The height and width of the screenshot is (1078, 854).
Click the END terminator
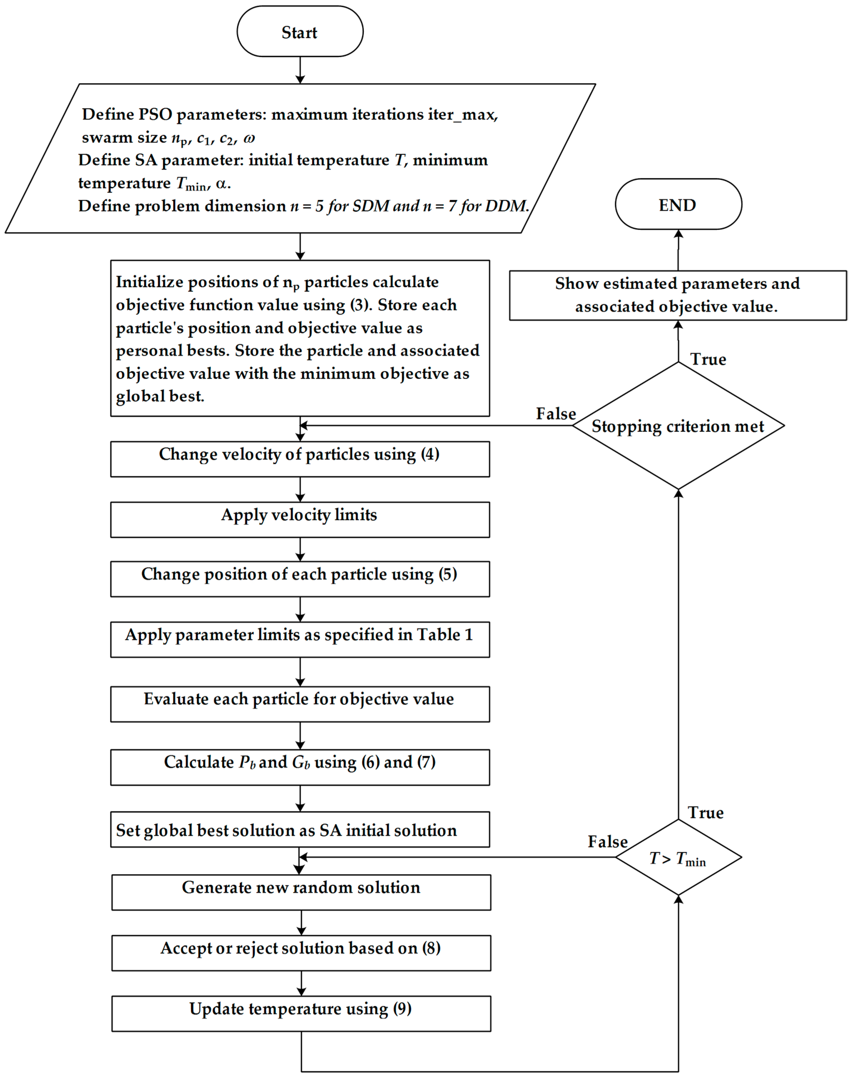pyautogui.click(x=678, y=204)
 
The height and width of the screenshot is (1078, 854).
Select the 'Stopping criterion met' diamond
pyautogui.click(x=678, y=425)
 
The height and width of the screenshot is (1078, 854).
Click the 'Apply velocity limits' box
pyautogui.click(x=300, y=519)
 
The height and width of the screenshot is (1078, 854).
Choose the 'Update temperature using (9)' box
pyautogui.click(x=301, y=1013)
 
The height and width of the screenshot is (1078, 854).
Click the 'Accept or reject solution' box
pyautogui.click(x=301, y=953)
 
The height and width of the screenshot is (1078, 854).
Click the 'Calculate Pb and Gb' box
pyautogui.click(x=300, y=767)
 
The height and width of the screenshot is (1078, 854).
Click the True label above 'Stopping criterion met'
pyautogui.click(x=708, y=359)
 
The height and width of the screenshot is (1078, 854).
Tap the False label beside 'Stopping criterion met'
pyautogui.click(x=556, y=413)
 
